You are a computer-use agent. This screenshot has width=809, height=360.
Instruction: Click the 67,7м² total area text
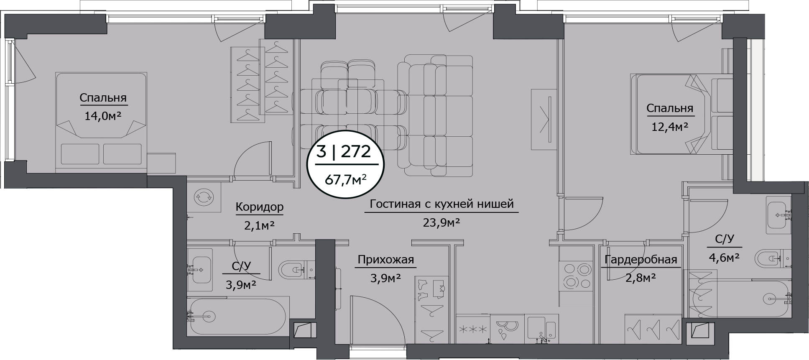tap(345, 180)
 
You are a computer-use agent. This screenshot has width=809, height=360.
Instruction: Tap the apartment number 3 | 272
tap(343, 151)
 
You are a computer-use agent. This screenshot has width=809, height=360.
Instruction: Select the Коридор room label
tap(259, 207)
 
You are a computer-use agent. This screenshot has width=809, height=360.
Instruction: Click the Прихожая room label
tap(385, 260)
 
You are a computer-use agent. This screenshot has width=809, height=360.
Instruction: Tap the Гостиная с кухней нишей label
tap(441, 204)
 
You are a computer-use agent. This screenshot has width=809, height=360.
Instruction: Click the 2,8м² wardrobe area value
tap(640, 277)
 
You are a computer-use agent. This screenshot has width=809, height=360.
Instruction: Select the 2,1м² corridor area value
tap(259, 226)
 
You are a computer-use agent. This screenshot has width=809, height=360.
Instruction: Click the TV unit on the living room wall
tap(544, 119)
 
